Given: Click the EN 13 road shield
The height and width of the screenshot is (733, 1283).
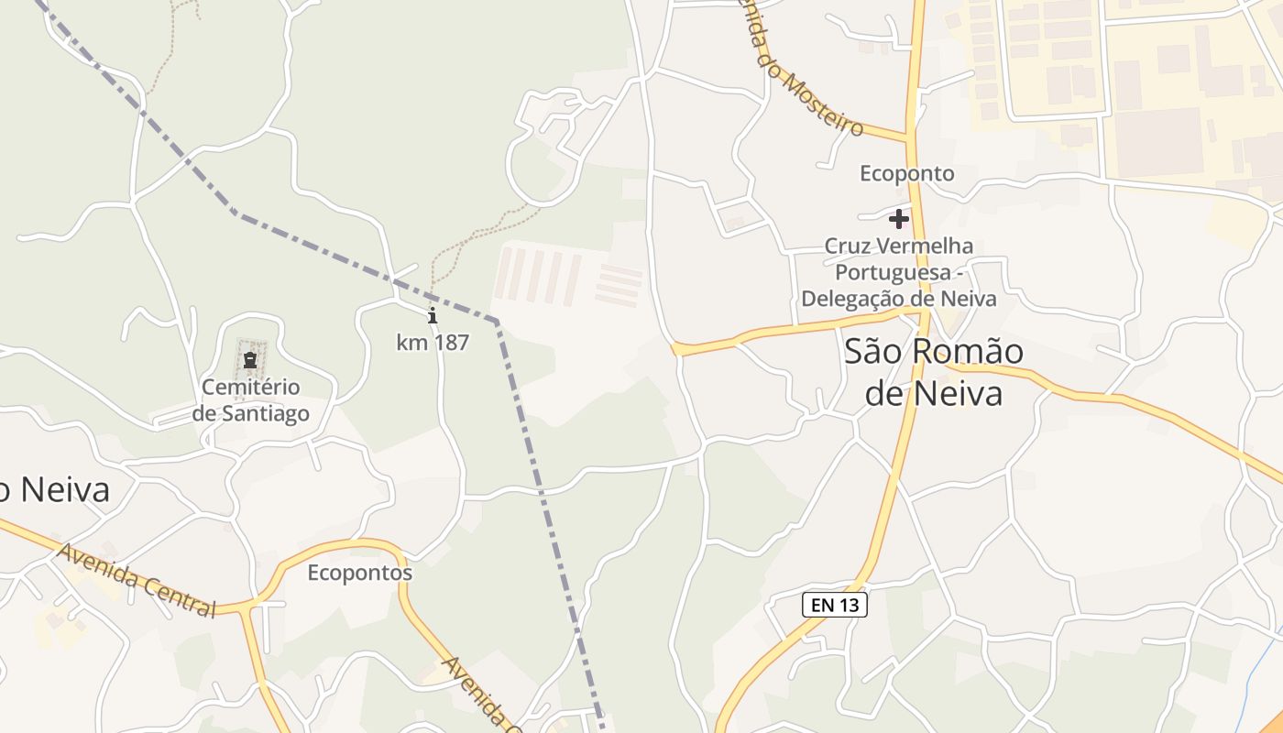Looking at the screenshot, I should tap(834, 605).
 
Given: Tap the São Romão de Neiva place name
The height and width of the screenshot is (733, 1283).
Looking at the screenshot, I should tap(933, 372).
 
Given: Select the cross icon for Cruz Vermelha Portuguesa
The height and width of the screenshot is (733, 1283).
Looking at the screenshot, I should tap(899, 219).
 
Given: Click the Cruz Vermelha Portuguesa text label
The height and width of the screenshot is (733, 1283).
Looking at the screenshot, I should tap(899, 272).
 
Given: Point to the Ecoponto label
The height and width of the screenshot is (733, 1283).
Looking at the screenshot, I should tap(906, 173).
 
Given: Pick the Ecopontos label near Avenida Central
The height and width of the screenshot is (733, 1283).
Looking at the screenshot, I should tap(359, 574).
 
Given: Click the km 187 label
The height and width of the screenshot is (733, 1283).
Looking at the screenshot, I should tap(433, 343).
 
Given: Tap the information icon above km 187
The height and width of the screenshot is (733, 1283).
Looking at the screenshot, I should tap(433, 316).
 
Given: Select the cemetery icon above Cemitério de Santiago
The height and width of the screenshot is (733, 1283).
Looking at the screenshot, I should tap(250, 360).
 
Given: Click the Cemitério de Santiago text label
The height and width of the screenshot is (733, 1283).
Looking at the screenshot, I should tap(250, 400).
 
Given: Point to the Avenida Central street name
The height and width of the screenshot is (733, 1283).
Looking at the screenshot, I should tap(137, 580).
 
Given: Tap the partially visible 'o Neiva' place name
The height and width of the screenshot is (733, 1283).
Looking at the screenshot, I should tap(55, 490).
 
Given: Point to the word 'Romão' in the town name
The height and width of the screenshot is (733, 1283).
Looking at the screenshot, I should tap(965, 352).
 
